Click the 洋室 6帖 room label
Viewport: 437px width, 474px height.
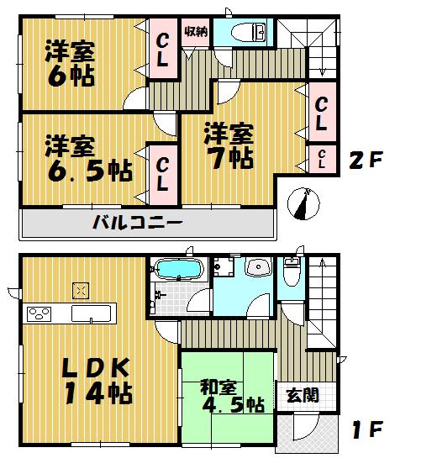click(x=71, y=63)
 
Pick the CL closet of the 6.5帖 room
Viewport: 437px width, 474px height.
click(x=164, y=173)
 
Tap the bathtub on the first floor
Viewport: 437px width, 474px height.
click(x=176, y=271)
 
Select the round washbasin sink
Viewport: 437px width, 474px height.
click(x=260, y=270)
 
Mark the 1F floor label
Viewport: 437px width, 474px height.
click(x=366, y=429)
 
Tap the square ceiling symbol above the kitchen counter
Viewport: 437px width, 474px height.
click(x=82, y=291)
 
